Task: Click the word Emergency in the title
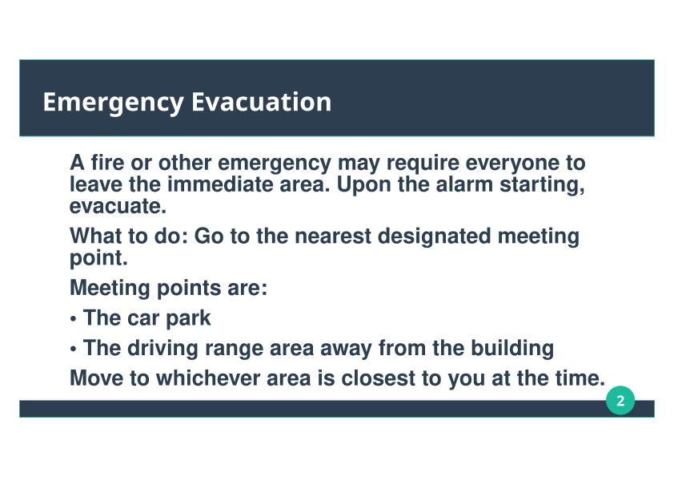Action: (x=114, y=103)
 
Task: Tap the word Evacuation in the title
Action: (x=261, y=102)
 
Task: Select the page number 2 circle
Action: (x=620, y=400)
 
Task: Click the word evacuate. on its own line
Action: (x=118, y=206)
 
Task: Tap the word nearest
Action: (x=333, y=236)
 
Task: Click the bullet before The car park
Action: (x=73, y=319)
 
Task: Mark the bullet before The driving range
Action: (x=73, y=350)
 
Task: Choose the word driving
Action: (x=162, y=348)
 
